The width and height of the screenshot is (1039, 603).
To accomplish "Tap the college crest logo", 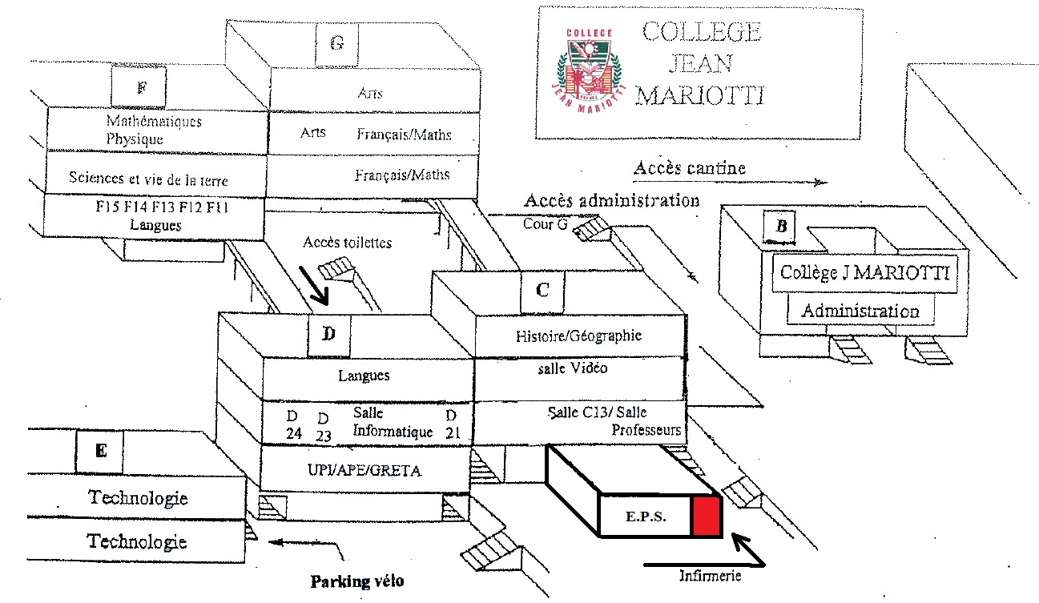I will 588,65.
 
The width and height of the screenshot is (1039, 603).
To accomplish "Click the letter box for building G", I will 336,44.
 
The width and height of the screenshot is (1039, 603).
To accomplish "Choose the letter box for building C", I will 542,291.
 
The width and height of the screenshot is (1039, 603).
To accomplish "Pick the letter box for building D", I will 329,336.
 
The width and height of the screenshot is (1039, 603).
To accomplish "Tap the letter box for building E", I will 100,452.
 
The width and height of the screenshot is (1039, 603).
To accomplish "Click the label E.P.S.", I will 643,517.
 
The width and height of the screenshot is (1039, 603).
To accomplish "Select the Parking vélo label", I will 357,581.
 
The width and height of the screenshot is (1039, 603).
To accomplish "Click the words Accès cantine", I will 689,168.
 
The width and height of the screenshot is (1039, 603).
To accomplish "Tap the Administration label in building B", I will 860,311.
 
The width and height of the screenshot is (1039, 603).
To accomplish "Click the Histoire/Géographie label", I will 578,336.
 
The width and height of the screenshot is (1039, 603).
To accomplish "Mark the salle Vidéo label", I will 573,368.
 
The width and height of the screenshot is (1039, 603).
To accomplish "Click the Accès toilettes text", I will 348,242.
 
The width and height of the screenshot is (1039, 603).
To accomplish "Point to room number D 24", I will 294,424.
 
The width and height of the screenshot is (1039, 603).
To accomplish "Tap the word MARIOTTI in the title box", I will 699,96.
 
